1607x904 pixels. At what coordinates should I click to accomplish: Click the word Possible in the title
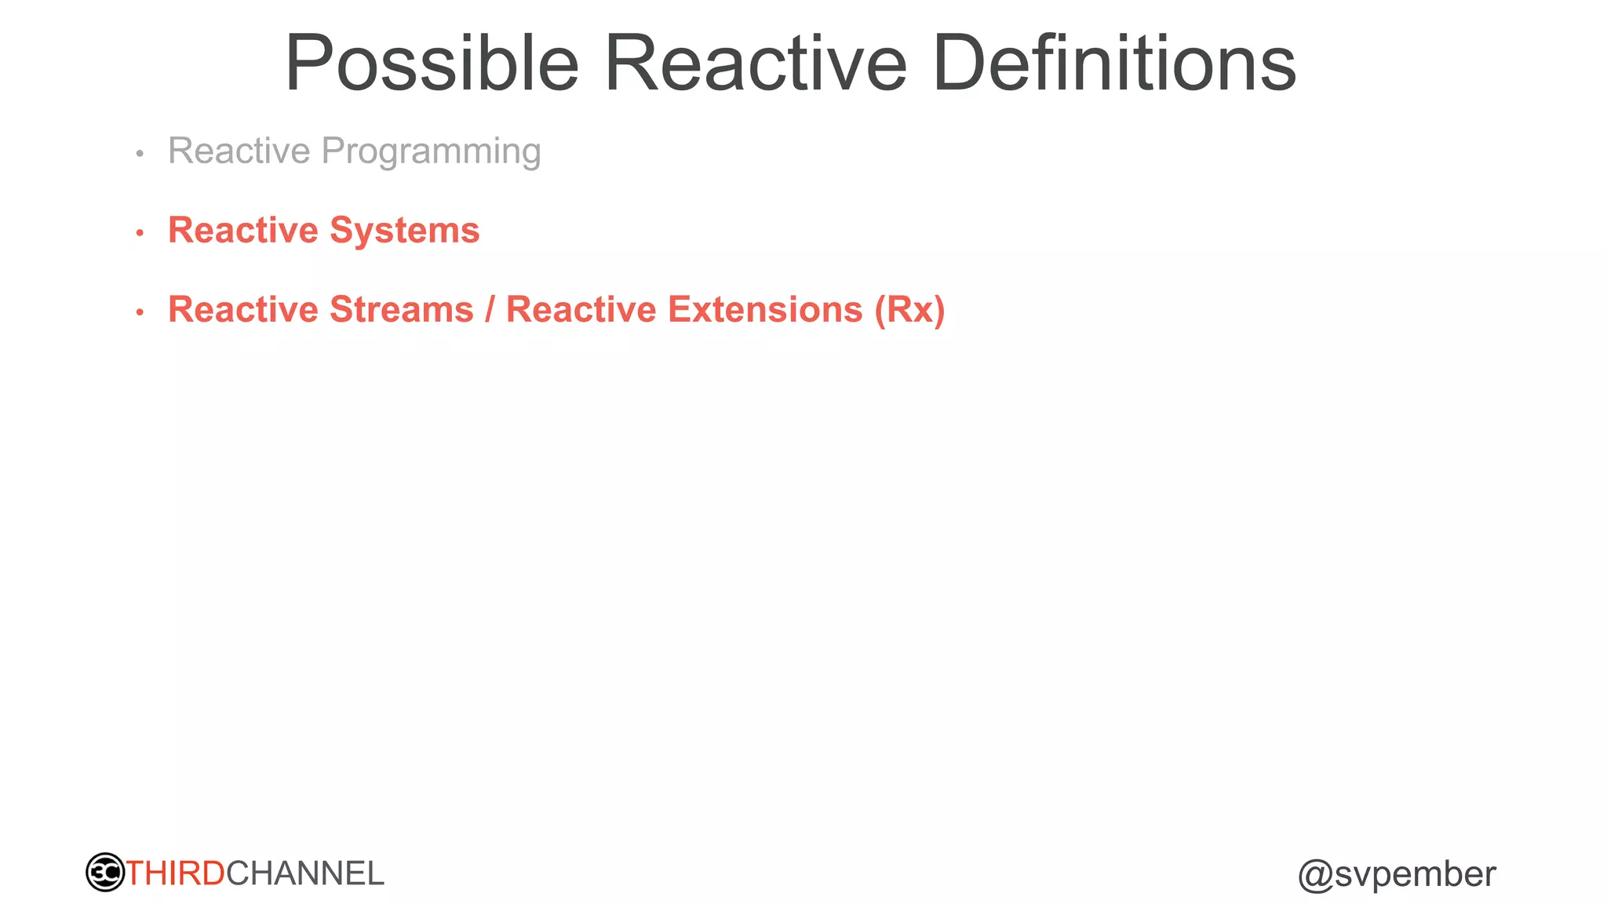(432, 64)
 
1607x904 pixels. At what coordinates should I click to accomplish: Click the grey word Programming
(431, 152)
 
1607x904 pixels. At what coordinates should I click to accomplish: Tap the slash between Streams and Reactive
(490, 309)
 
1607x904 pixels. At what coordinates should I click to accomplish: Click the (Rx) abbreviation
(909, 309)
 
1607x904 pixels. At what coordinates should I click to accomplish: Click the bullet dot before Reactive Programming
(140, 154)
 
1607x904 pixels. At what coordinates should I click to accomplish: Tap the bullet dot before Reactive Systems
(140, 233)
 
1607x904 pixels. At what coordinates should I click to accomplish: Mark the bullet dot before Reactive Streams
(140, 312)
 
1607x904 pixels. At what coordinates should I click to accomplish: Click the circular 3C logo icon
(105, 872)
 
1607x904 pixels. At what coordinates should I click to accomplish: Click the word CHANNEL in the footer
(305, 873)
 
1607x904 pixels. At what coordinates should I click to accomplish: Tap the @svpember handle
(1397, 874)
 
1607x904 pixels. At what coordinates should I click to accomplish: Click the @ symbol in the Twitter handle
(1315, 876)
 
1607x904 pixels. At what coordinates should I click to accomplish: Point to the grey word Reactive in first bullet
(239, 151)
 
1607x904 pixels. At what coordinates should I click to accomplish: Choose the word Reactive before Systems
(243, 231)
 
